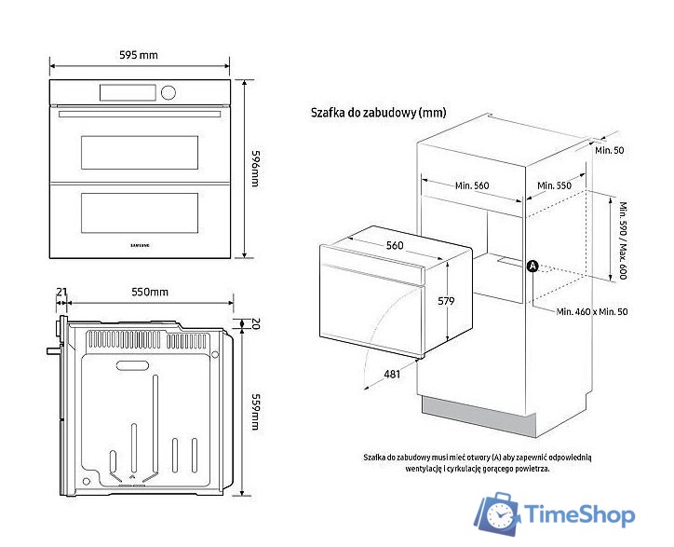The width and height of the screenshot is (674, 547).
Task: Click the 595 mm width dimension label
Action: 139,55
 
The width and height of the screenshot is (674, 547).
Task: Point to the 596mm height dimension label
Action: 258,170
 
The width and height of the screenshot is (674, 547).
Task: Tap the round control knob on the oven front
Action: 168,92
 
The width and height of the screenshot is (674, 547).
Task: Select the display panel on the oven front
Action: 128,92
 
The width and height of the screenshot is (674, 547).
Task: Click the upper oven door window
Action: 140,152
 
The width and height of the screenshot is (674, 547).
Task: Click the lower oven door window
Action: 140,212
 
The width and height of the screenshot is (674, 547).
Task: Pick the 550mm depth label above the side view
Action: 149,293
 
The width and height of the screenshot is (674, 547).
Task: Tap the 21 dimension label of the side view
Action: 61,293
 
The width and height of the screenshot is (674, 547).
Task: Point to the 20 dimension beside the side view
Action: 255,323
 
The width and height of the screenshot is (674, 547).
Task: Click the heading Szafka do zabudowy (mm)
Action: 378,113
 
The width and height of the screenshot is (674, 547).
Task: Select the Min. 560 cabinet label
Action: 472,185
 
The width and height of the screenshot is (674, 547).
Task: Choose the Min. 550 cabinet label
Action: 555,185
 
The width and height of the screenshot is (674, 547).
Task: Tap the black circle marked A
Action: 532,266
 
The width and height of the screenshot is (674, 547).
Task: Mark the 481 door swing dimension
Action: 395,375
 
